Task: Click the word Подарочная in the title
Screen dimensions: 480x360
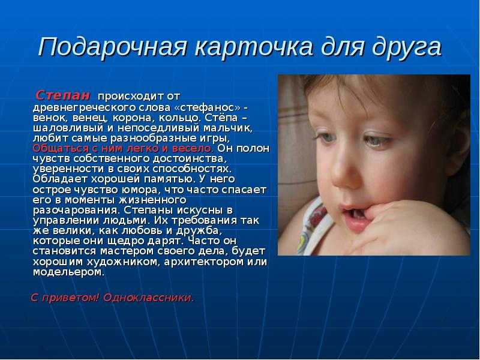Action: coord(112,47)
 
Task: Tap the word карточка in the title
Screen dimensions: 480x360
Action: coord(254,47)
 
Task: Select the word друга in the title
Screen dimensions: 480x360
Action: coord(407,48)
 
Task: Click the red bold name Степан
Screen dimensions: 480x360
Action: coord(63,95)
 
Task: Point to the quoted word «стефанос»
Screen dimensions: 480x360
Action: coord(208,107)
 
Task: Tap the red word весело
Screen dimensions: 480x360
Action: coord(192,148)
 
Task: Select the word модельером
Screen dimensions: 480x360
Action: coord(68,272)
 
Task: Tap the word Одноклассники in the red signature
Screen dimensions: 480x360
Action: coord(148,298)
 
